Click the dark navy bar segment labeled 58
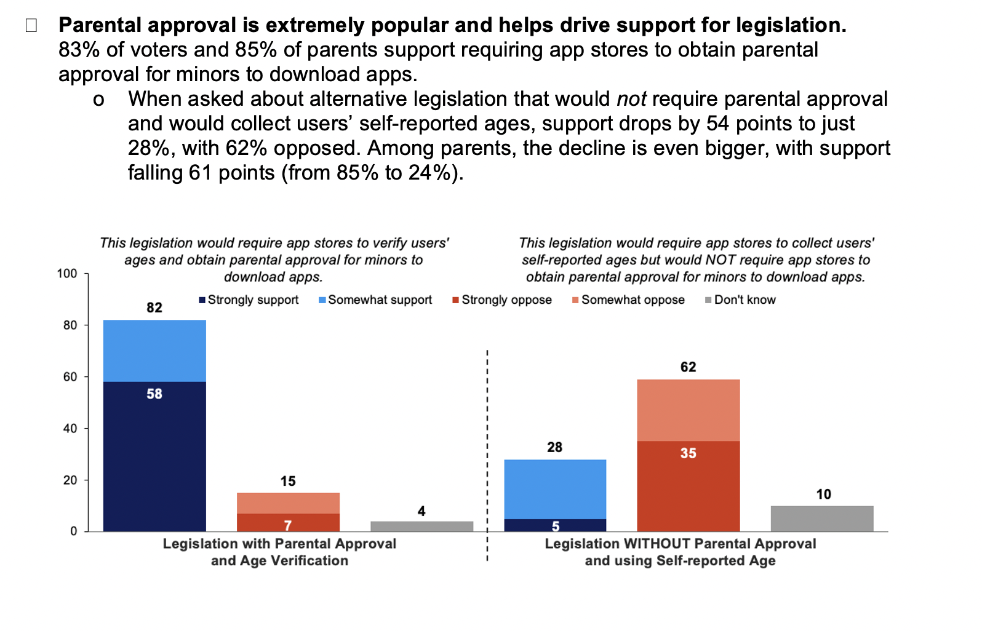coord(154,456)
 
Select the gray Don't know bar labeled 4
coord(421,526)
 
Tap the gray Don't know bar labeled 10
coord(821,518)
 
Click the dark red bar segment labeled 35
coord(688,486)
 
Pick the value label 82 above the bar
coord(154,308)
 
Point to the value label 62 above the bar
coord(688,367)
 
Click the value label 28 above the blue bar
coord(554,447)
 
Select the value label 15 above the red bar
coord(288,481)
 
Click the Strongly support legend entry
coord(249,300)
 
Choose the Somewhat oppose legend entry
coord(628,300)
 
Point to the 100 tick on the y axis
coord(67,274)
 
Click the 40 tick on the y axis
coord(70,429)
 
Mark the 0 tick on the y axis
coord(74,531)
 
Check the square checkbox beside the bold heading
coord(31,26)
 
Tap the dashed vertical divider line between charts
coord(487,455)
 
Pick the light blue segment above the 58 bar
coord(154,351)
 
